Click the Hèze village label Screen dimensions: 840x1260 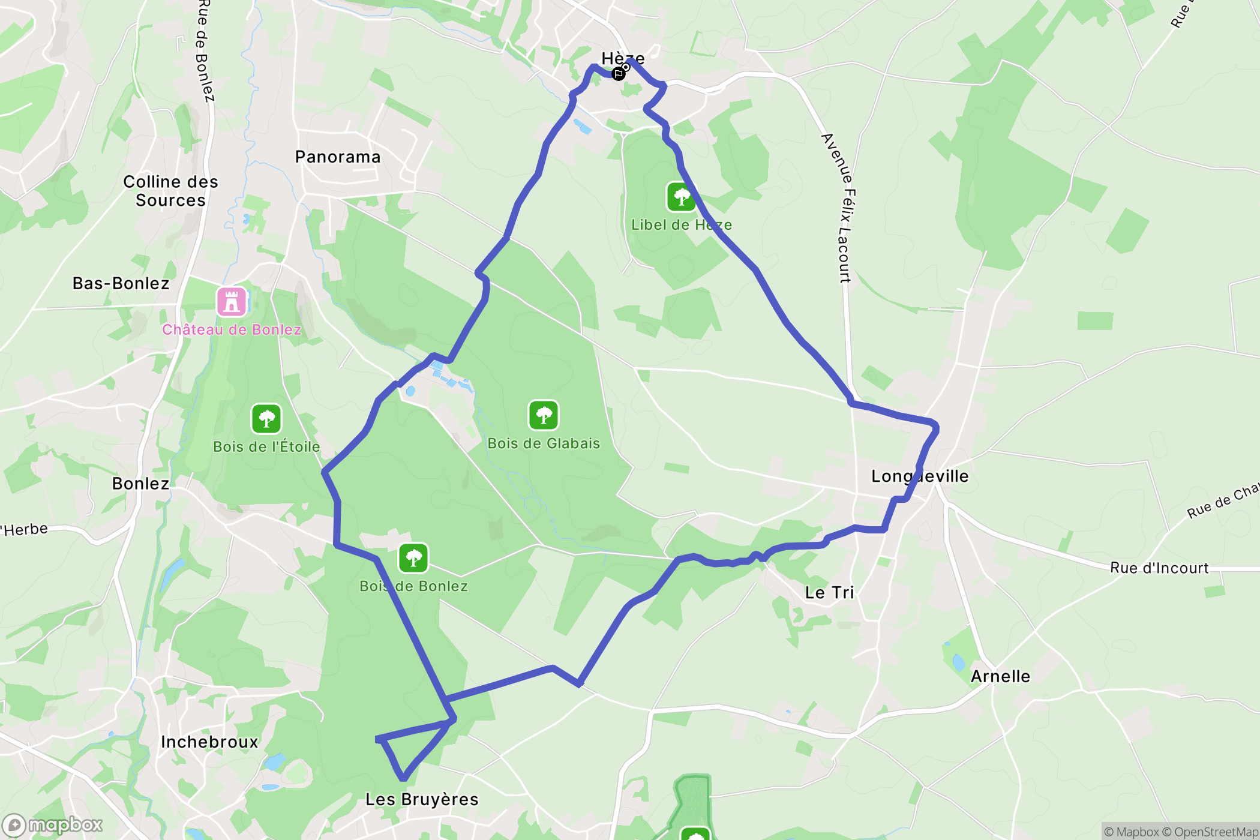point(623,58)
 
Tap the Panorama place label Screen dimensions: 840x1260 point(338,157)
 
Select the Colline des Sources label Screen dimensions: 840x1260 point(170,191)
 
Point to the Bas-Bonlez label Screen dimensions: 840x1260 point(121,283)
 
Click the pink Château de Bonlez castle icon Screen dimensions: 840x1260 point(232,301)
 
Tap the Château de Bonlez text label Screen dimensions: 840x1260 point(232,329)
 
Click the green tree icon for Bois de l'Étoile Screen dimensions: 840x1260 point(266,418)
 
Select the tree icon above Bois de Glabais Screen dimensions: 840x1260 point(544,415)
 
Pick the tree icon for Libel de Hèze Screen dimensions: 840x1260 point(681,197)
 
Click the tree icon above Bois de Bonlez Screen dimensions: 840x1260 point(413,558)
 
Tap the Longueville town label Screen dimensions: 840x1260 point(920,476)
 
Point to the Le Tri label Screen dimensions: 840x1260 point(829,593)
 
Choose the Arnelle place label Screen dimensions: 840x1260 point(1000,676)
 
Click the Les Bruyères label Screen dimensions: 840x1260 point(422,799)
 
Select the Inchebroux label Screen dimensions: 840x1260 point(209,742)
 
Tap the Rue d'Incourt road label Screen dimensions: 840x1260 point(1159,568)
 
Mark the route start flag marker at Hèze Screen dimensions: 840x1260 point(619,73)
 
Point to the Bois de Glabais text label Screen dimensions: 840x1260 point(544,443)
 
